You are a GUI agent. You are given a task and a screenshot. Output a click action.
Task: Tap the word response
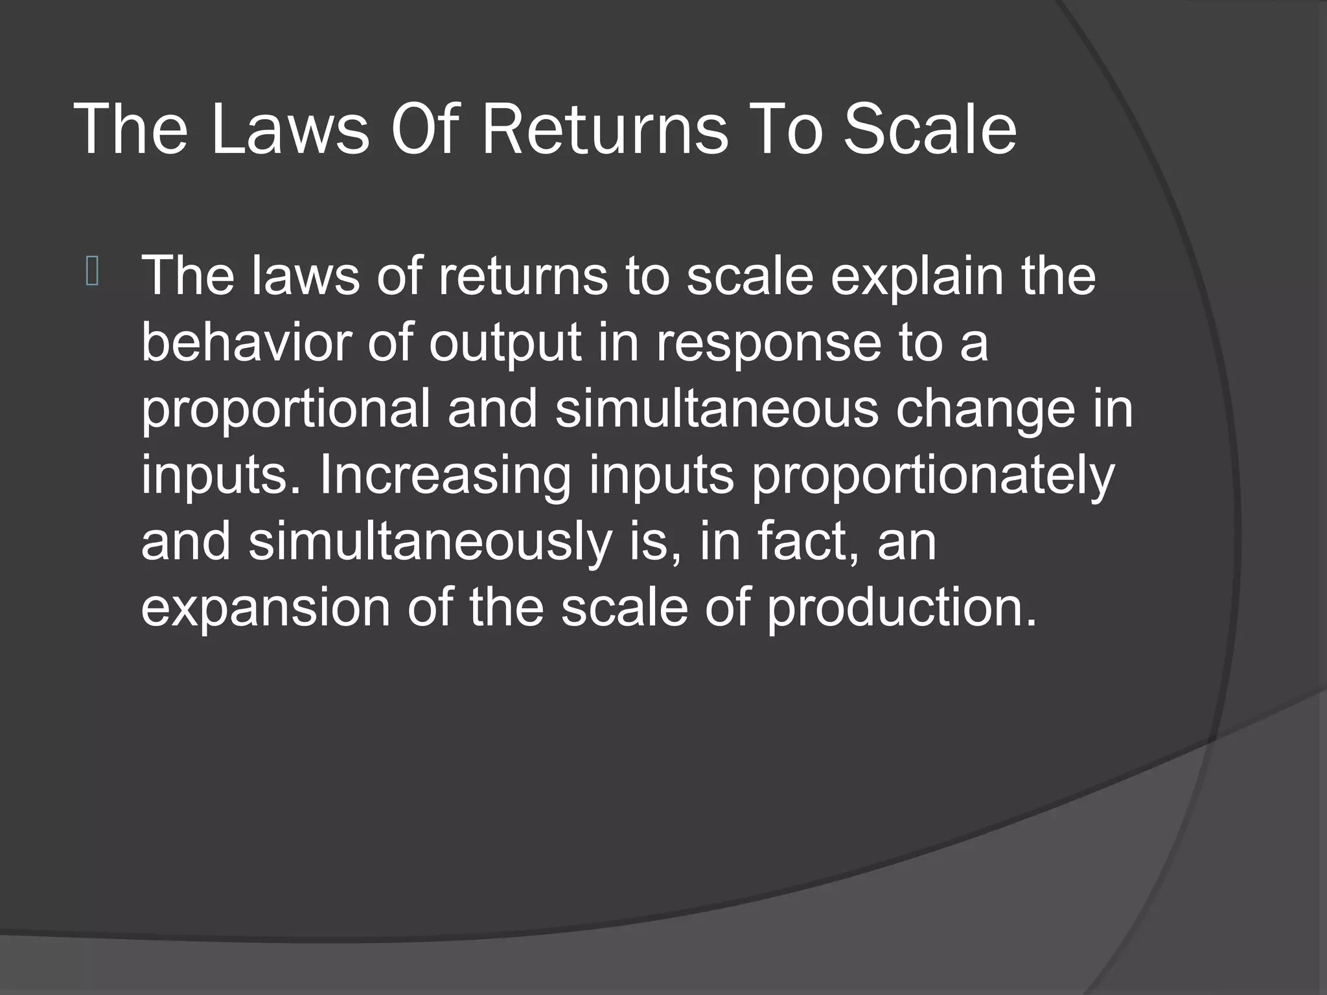point(768,345)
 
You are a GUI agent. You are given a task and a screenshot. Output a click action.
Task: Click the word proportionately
point(933,477)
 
